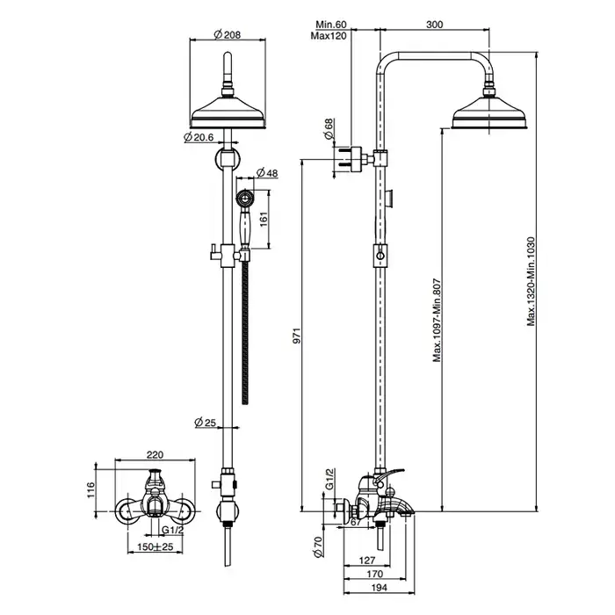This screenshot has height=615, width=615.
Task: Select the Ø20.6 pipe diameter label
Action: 199,137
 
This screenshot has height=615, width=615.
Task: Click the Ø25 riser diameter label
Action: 206,423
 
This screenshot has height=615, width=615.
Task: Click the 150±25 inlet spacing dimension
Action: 155,546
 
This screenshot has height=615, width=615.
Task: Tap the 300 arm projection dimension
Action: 433,25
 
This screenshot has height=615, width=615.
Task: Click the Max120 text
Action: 329,36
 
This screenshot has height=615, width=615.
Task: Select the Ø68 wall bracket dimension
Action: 329,130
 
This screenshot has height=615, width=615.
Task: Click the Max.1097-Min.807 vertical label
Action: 436,321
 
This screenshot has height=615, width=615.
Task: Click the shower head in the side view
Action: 488,114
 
